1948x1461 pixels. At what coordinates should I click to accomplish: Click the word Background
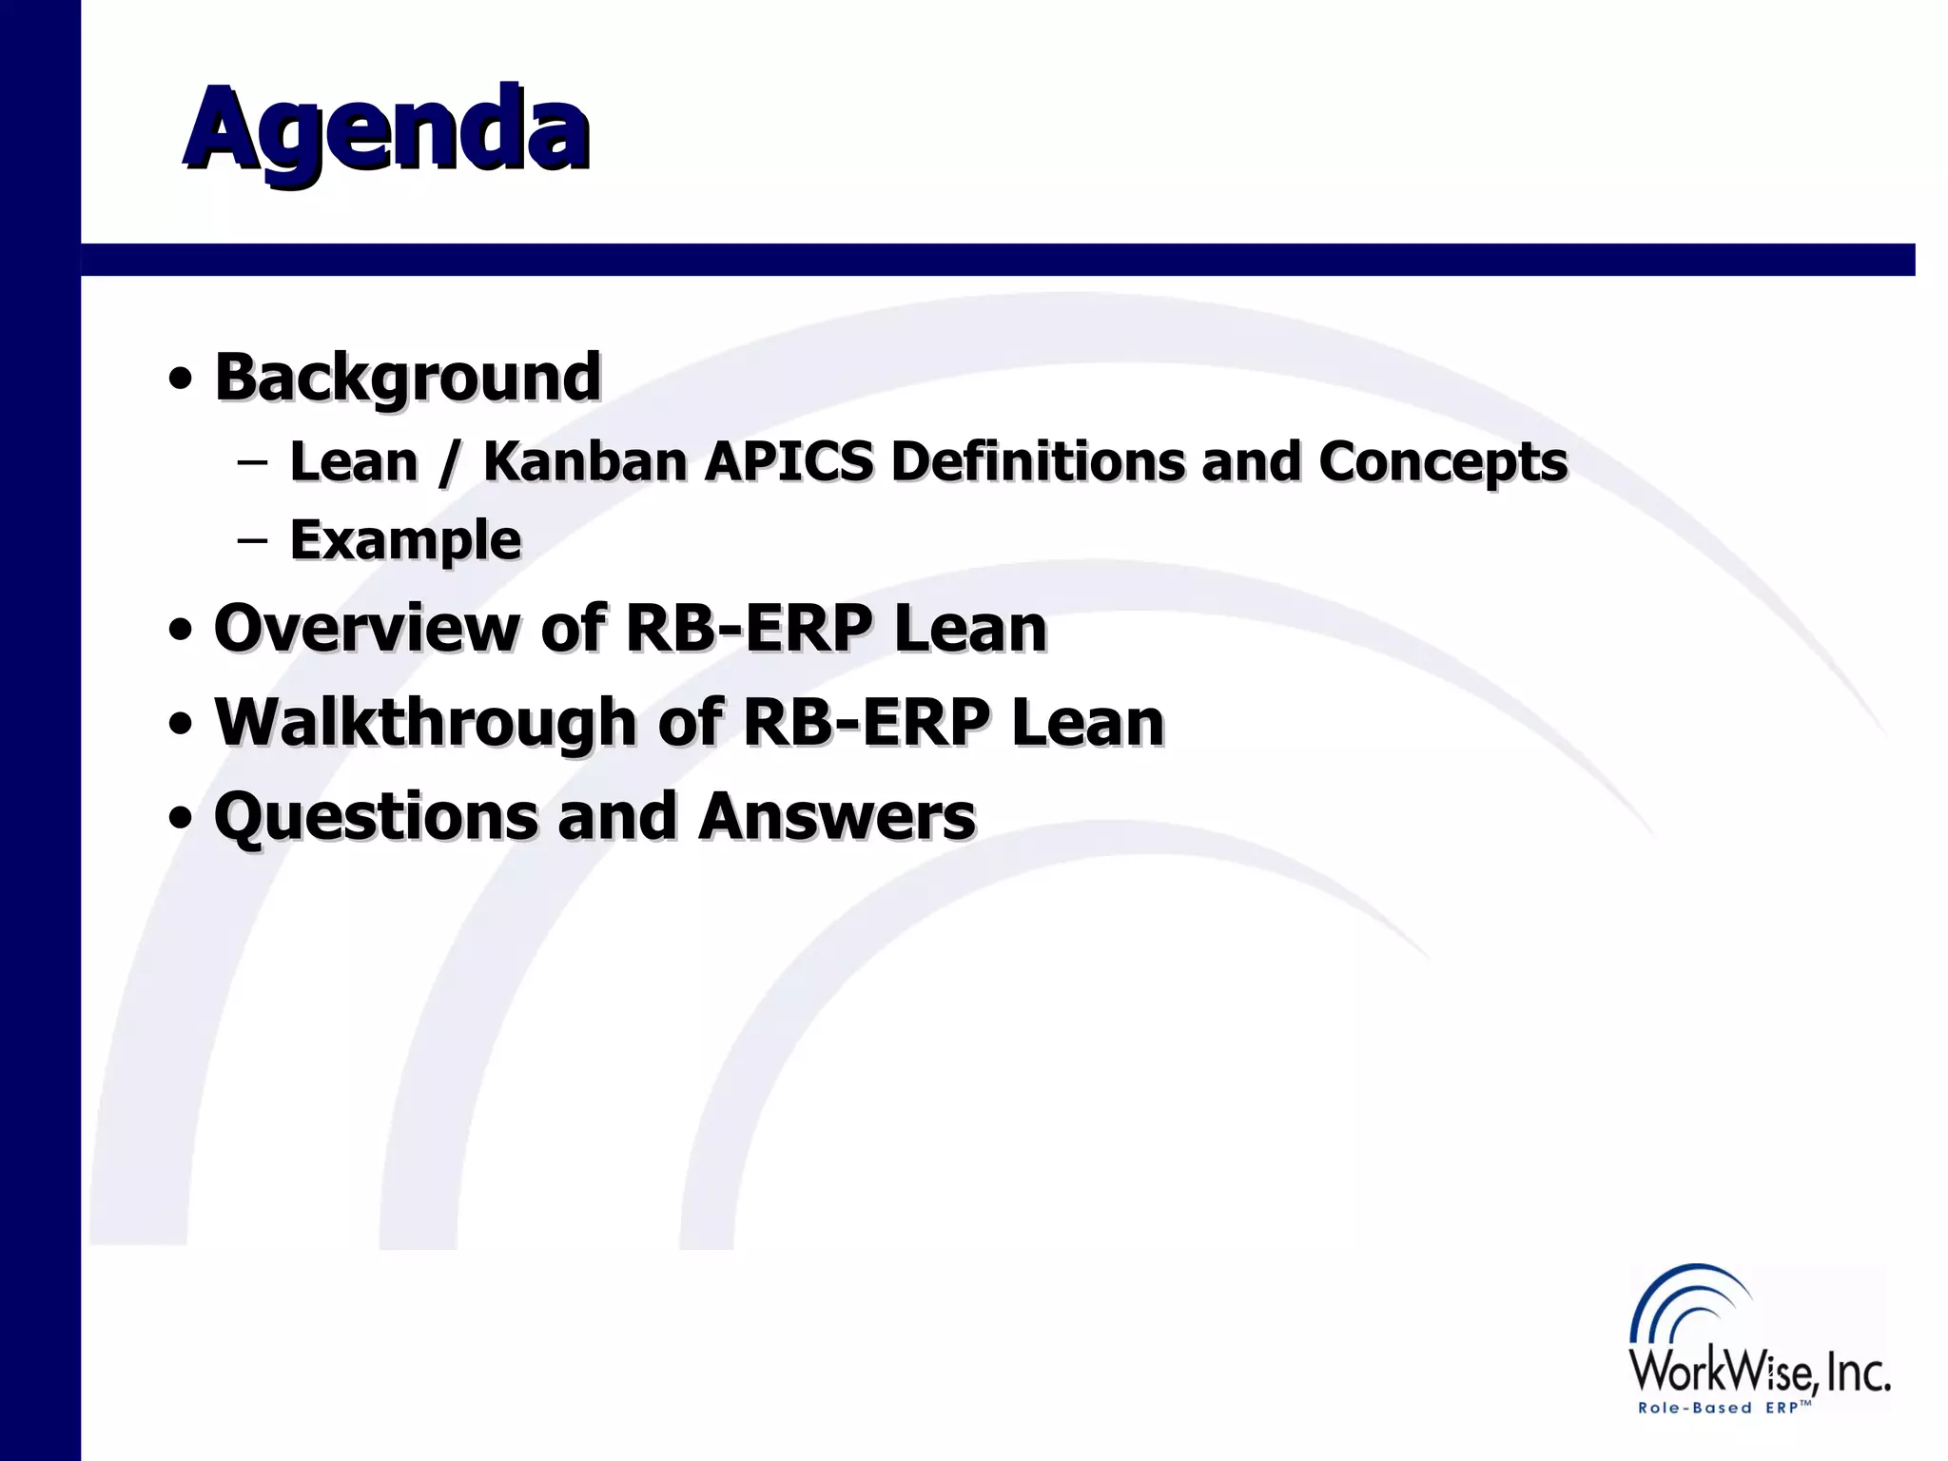point(407,377)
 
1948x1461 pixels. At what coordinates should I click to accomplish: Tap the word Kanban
point(585,461)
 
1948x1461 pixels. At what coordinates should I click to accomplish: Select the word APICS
point(789,461)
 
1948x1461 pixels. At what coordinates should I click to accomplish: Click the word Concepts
point(1442,463)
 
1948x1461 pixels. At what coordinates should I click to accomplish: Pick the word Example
point(405,541)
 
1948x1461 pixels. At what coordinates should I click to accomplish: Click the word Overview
point(367,628)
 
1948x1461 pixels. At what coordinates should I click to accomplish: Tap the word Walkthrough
point(425,723)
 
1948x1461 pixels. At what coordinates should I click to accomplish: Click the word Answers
point(836,817)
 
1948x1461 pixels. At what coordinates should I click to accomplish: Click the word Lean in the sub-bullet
point(354,461)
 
